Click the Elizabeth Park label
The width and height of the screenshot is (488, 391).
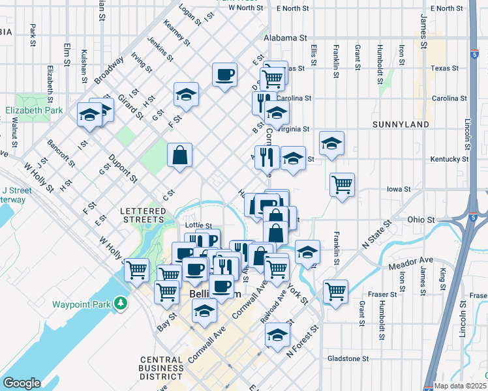pyautogui.click(x=35, y=110)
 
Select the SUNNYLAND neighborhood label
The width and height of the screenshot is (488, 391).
pyautogui.click(x=401, y=124)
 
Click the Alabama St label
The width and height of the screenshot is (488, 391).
pyautogui.click(x=285, y=38)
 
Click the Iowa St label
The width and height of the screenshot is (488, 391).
pyautogui.click(x=397, y=189)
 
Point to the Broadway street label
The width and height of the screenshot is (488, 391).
pyautogui.click(x=108, y=70)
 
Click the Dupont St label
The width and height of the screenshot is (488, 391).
pyautogui.click(x=123, y=168)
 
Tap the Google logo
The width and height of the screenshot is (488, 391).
pyautogui.click(x=22, y=383)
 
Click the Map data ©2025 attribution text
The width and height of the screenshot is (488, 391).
pyautogui.click(x=461, y=385)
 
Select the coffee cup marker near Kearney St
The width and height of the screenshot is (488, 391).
pyautogui.click(x=224, y=75)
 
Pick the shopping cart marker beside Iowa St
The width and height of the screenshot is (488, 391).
pyautogui.click(x=342, y=185)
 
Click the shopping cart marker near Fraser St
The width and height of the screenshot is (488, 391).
pyautogui.click(x=335, y=292)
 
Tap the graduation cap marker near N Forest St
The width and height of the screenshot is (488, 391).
pyautogui.click(x=277, y=335)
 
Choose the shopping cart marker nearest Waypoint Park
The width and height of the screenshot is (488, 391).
pyautogui.click(x=136, y=269)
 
